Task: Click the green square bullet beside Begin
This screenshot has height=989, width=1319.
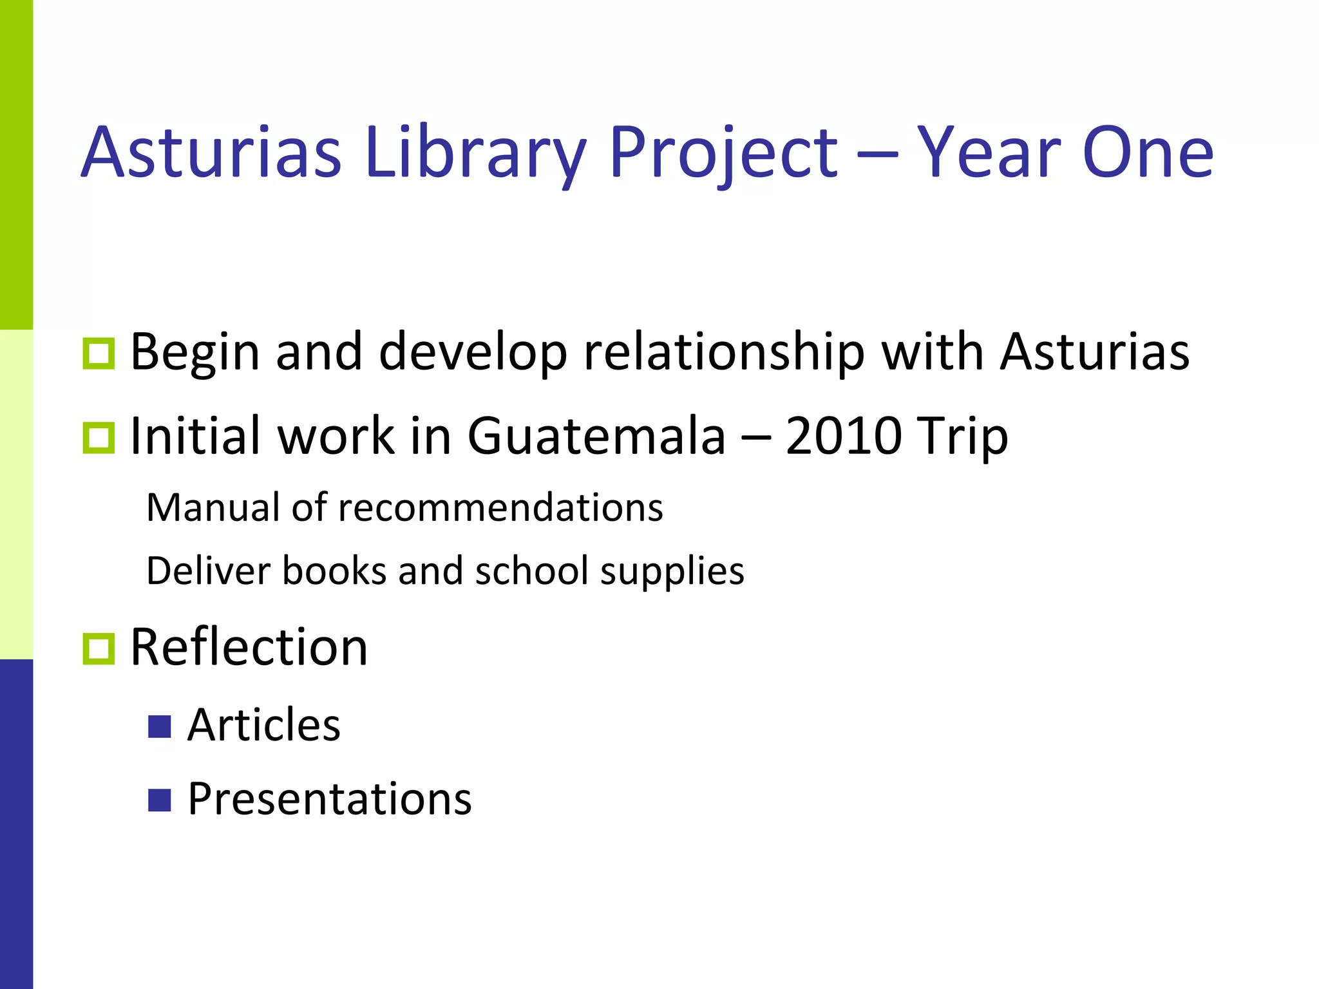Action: pyautogui.click(x=99, y=353)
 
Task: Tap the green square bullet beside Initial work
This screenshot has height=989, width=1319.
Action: pyautogui.click(x=99, y=438)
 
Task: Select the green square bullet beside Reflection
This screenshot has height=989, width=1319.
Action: pyautogui.click(x=99, y=648)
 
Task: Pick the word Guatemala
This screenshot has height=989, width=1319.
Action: pyautogui.click(x=596, y=436)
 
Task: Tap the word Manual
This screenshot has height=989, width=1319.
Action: pyautogui.click(x=214, y=507)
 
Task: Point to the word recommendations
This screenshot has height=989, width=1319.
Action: pyautogui.click(x=500, y=507)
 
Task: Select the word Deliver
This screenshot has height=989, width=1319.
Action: pyautogui.click(x=208, y=570)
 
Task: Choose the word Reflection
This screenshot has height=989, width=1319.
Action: pyautogui.click(x=249, y=647)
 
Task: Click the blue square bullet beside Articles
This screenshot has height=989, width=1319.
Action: pyautogui.click(x=159, y=726)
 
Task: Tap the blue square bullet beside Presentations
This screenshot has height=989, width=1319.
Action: pyautogui.click(x=159, y=800)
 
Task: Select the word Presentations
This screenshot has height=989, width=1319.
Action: pyautogui.click(x=330, y=799)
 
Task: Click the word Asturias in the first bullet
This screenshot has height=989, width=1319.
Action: pyautogui.click(x=1094, y=352)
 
